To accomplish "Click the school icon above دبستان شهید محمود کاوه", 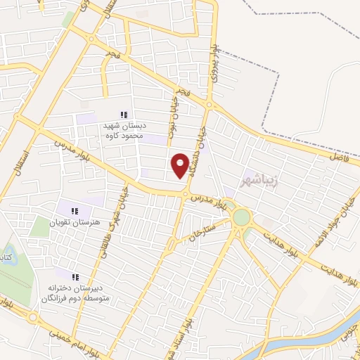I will click(124, 115).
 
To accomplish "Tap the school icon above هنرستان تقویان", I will click(75, 210).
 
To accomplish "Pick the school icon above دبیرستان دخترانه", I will click(75, 276).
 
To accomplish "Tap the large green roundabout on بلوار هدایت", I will click(241, 217).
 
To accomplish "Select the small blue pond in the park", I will click(6, 254).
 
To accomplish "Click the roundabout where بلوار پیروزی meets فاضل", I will click(209, 105).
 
